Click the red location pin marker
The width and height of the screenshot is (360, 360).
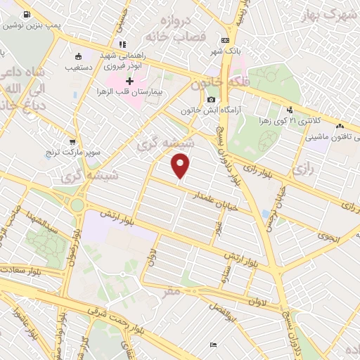(x=181, y=167)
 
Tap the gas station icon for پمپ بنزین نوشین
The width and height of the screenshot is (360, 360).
(x=27, y=14)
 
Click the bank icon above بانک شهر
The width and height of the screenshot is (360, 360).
(x=225, y=40)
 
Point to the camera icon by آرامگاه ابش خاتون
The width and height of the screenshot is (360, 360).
(x=192, y=99)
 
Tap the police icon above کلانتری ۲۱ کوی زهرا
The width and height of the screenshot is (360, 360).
(x=290, y=110)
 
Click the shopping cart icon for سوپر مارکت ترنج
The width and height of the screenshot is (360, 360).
(x=72, y=141)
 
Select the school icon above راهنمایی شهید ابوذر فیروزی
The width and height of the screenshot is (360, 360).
(x=123, y=44)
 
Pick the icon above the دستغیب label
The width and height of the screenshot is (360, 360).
(x=77, y=56)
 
